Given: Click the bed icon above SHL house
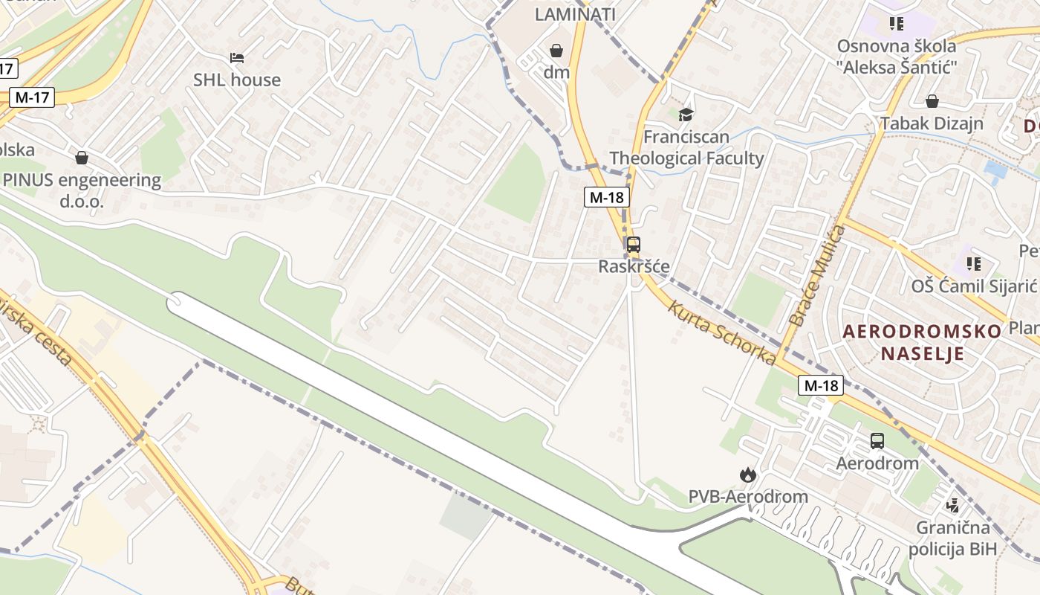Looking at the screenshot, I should [236, 57].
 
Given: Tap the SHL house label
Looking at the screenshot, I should [237, 80].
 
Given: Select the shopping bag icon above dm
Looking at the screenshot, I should [556, 51].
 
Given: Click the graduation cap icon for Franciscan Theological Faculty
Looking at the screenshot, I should [686, 115].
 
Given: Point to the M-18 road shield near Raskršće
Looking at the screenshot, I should [607, 197].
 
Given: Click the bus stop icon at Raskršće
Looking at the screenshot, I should [633, 244].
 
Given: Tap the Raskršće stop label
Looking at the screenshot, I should [634, 266].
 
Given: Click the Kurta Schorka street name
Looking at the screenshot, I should [721, 332].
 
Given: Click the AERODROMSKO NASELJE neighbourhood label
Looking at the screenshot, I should [922, 342].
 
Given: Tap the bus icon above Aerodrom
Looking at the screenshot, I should [877, 441].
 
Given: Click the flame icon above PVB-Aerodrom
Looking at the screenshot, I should [747, 475].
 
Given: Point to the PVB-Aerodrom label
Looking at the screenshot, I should [748, 496].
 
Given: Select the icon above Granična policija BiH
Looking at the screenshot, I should [952, 506].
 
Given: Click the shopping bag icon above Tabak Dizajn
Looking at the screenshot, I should [932, 101].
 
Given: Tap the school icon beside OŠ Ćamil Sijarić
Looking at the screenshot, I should [973, 263].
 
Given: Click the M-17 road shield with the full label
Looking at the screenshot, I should [33, 97].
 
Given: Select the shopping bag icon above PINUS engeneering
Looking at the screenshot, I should [82, 158].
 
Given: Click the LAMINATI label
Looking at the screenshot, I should [575, 13].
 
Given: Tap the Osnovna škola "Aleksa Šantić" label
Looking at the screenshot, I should [896, 56].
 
